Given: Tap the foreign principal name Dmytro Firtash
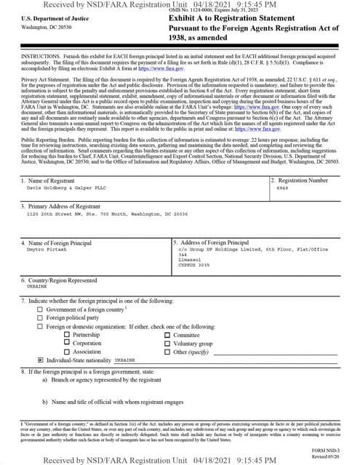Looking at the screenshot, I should pos(46,249).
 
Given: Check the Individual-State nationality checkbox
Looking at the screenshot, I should pos(40,360).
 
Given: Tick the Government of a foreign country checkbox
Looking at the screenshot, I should pos(40,310).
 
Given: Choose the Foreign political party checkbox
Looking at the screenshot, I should pos(40,318).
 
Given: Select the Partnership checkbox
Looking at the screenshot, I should pos(68,335).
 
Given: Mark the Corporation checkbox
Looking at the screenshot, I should pos(68,343).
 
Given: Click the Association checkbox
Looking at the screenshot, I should pos(68,352).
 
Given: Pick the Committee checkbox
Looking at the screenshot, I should pos(167,335).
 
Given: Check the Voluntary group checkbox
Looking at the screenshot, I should pos(167,343).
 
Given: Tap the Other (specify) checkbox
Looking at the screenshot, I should pos(167,352).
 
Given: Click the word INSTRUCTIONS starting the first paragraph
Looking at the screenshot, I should pos(40,55).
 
